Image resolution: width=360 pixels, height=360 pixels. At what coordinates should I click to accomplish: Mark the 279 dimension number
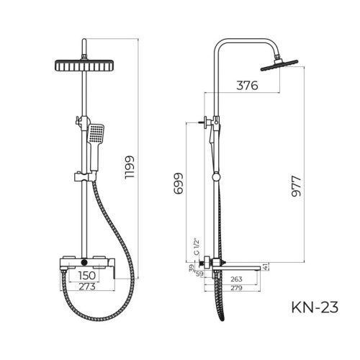point(235,288)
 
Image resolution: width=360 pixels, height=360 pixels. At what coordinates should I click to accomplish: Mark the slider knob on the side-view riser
point(214,177)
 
